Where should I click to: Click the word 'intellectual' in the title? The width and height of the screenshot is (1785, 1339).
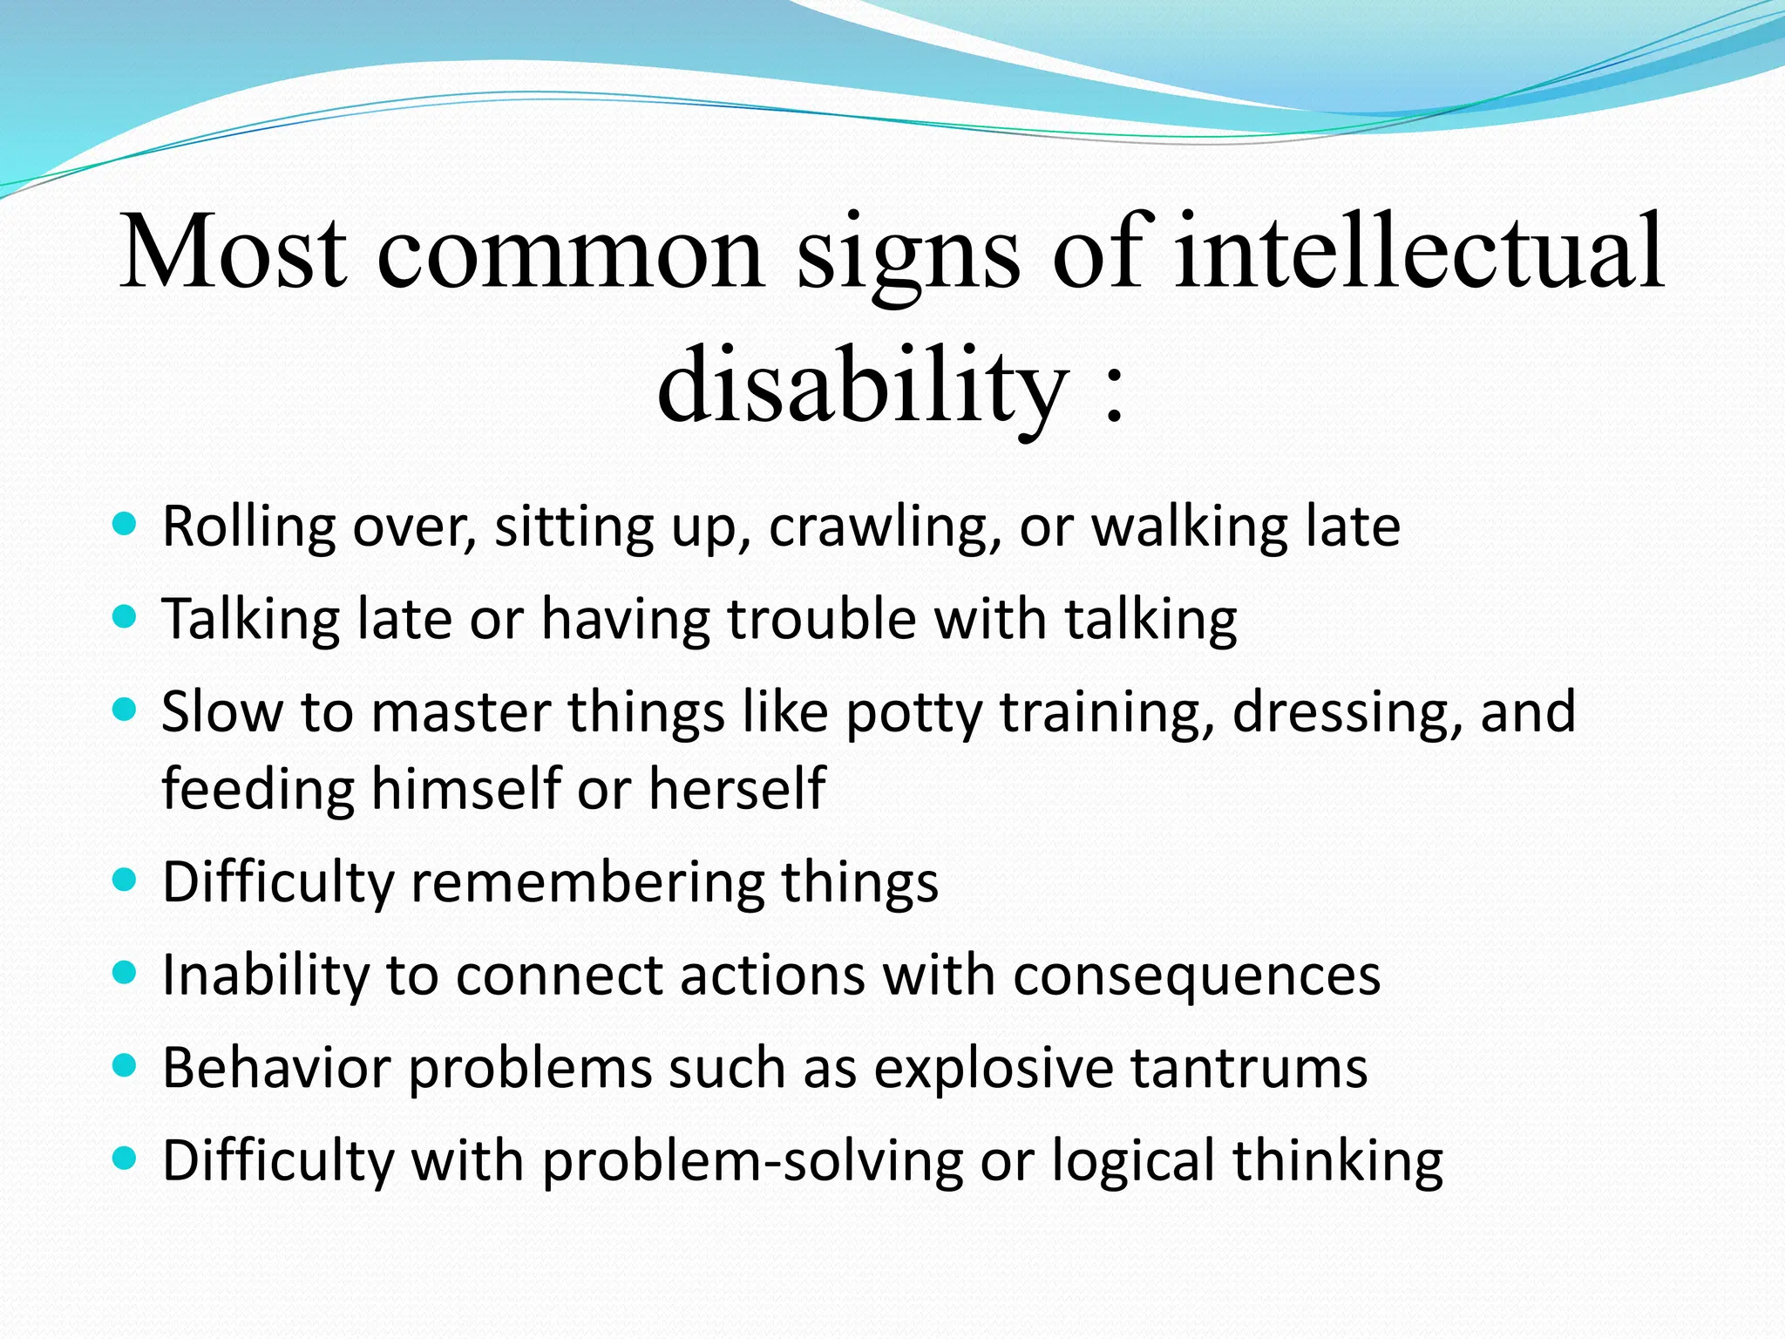click(1419, 253)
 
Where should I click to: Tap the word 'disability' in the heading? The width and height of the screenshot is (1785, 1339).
click(863, 385)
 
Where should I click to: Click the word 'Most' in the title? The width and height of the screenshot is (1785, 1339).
click(233, 253)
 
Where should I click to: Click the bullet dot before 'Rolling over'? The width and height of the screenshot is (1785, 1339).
click(126, 525)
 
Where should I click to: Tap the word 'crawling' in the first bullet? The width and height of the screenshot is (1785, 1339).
click(885, 528)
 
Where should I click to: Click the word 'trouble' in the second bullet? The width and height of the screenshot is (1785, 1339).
click(822, 619)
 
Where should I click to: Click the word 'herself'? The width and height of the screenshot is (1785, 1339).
click(736, 788)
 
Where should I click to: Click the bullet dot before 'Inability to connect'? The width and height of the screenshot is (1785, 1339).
click(126, 972)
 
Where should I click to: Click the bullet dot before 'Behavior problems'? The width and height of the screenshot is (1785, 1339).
click(126, 1065)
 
